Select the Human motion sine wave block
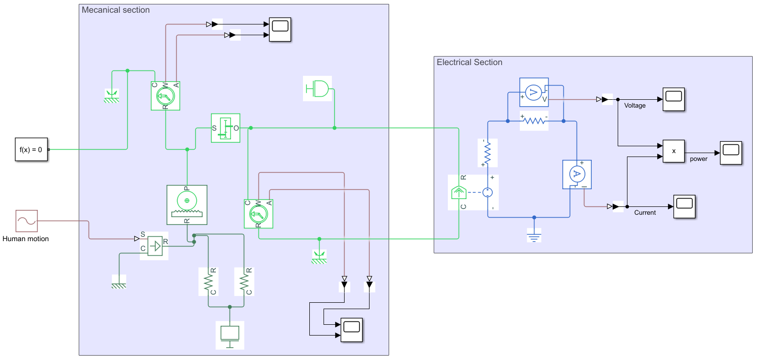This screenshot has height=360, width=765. [26, 221]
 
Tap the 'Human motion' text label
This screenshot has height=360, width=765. [25, 239]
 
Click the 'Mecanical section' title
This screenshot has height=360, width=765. [116, 10]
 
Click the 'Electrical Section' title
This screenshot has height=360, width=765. [469, 62]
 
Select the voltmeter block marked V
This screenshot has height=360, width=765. [533, 92]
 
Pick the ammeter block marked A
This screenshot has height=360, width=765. [577, 174]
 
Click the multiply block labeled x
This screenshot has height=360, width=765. [673, 151]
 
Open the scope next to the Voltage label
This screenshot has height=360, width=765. [673, 99]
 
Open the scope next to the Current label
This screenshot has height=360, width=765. [684, 206]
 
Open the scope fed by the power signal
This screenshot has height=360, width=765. [731, 153]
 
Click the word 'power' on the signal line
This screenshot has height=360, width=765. [698, 159]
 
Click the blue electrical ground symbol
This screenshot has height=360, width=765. [534, 236]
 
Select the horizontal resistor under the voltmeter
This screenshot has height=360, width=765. [534, 121]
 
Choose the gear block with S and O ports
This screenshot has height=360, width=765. [226, 128]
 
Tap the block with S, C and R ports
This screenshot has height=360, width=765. [154, 246]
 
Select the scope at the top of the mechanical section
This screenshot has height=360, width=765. [280, 30]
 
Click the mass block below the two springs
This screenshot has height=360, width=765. [230, 335]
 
